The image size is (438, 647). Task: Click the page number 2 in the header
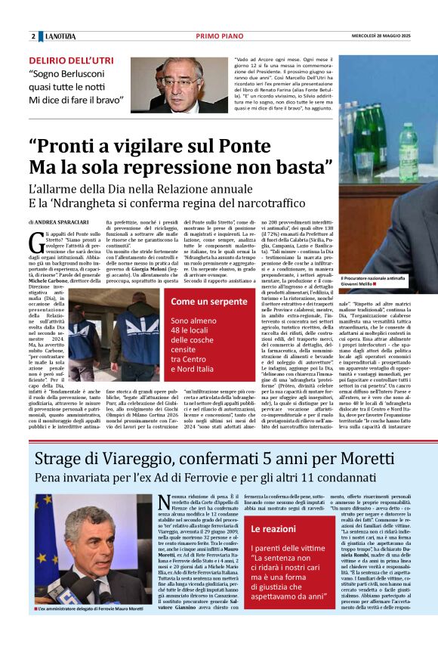coord(33,36)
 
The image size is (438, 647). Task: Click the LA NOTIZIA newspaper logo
coord(60,36)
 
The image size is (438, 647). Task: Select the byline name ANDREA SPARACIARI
coord(63,223)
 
